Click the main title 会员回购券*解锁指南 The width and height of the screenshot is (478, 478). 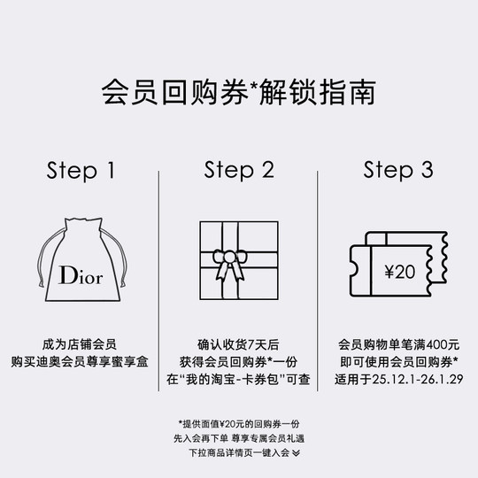pos(238,92)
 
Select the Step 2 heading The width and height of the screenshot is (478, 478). pos(238,170)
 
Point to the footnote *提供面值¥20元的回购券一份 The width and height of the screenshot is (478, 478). pos(238,423)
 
